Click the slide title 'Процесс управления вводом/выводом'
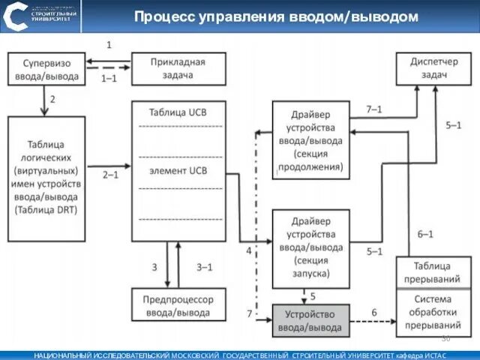pyautogui.click(x=275, y=16)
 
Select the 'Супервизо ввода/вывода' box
pyautogui.click(x=46, y=67)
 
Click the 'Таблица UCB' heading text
pyautogui.click(x=178, y=112)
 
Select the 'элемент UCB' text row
pyautogui.click(x=178, y=170)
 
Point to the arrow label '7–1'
pyautogui.click(x=373, y=109)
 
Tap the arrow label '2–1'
pyautogui.click(x=110, y=174)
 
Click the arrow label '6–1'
pyautogui.click(x=424, y=235)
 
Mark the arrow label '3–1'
pyautogui.click(x=204, y=266)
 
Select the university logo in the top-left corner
pyautogui.click(x=16, y=16)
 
